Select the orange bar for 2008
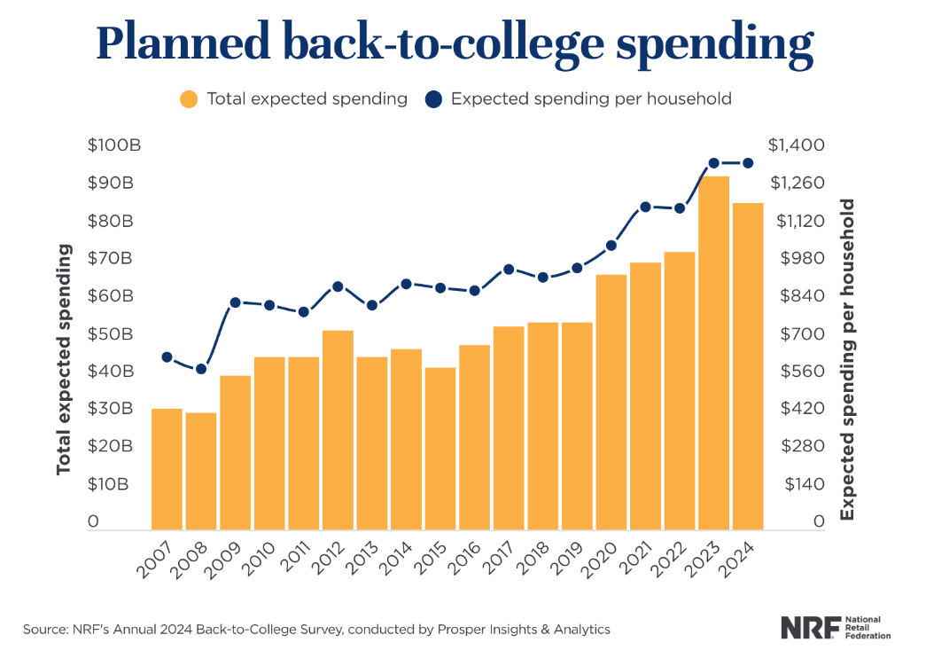coord(201,471)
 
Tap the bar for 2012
coord(338,430)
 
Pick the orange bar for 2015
coord(440,449)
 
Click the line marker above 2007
coord(167,357)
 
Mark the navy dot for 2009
coord(236,302)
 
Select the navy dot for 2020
coord(611,246)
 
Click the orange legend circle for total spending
coord(189,99)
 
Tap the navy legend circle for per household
coord(433,99)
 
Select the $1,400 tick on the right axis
coord(797,145)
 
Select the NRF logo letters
coord(808,628)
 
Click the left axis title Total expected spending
coord(64,361)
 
